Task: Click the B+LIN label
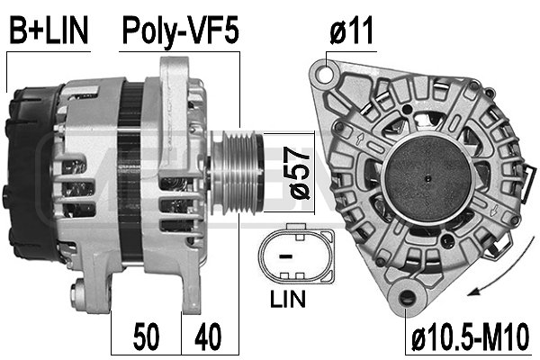[x=49, y=32]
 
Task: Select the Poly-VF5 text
[x=180, y=32]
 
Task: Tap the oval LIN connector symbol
[x=293, y=254]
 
